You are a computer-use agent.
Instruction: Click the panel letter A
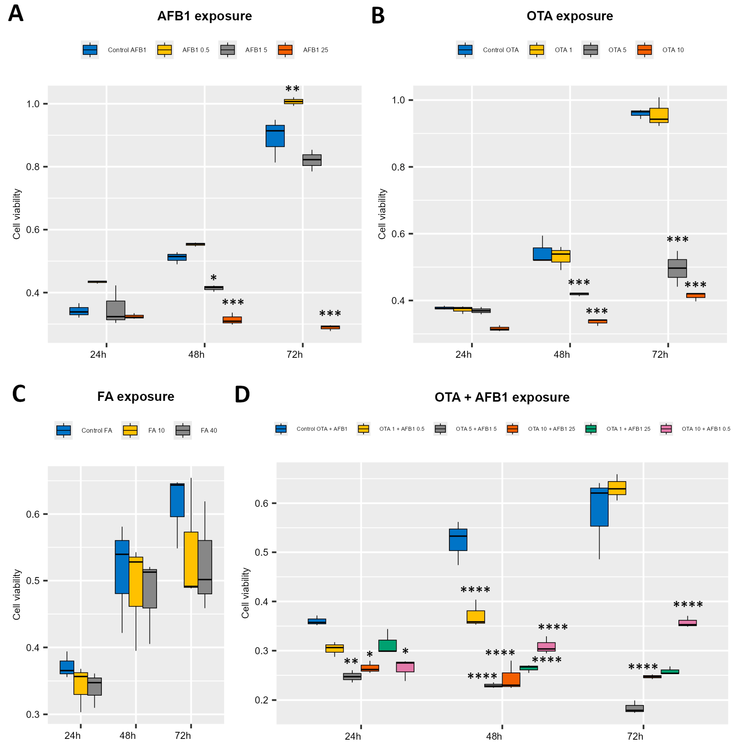(x=16, y=14)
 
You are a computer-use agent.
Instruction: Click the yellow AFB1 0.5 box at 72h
(x=293, y=101)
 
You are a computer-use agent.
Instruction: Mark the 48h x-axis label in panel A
(x=196, y=355)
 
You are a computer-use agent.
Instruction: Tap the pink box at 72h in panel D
(x=687, y=623)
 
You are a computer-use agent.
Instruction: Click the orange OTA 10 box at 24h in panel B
(x=499, y=329)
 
